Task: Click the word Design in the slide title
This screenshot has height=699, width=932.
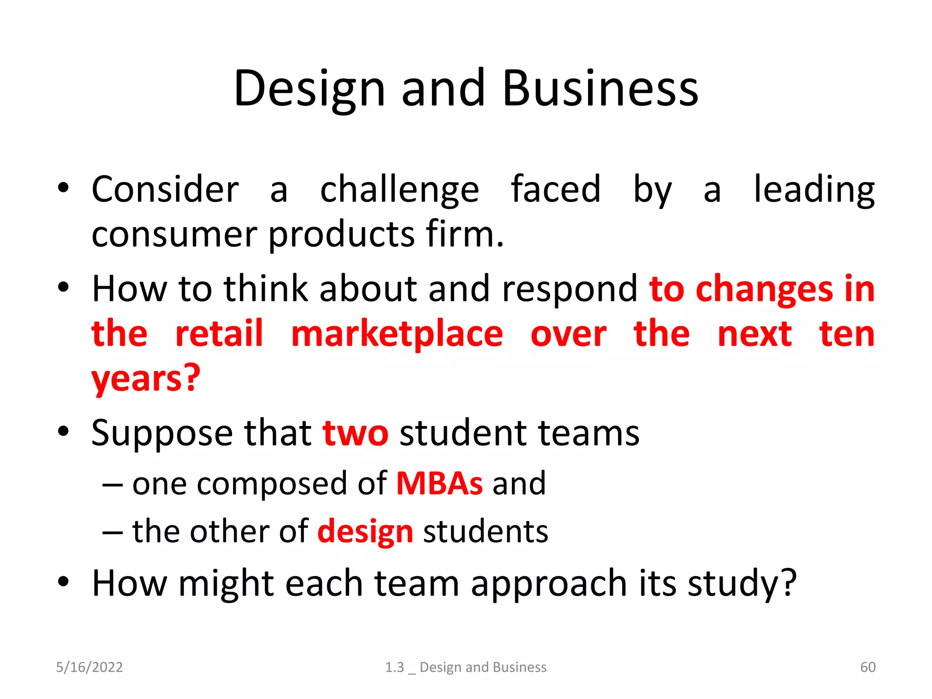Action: (x=309, y=89)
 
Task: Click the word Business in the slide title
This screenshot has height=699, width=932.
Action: (x=600, y=89)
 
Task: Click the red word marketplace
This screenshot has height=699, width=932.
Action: (x=397, y=334)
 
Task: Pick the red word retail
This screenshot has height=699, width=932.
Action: (x=219, y=334)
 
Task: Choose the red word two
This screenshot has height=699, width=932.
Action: (x=355, y=433)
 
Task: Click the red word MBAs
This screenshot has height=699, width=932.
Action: (x=439, y=483)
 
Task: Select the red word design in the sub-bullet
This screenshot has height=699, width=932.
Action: (x=365, y=532)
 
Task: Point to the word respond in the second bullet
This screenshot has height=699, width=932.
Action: (x=570, y=289)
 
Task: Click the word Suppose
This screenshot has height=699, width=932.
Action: (x=162, y=433)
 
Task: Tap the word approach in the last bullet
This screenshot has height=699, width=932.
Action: (x=549, y=583)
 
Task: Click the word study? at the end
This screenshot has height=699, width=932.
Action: (x=742, y=583)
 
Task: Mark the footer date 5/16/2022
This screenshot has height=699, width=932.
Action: (x=89, y=667)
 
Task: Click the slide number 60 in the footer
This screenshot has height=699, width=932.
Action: (x=868, y=667)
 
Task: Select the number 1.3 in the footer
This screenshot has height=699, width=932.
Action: (x=394, y=667)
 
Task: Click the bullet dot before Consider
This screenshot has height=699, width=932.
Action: (x=63, y=188)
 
